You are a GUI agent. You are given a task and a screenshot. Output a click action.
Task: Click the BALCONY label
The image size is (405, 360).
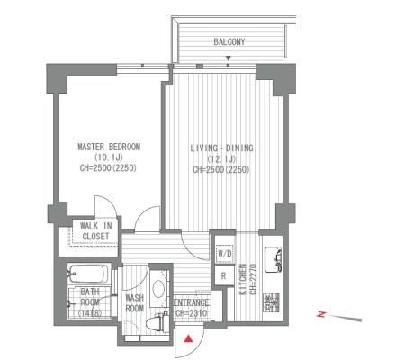coord(229,41)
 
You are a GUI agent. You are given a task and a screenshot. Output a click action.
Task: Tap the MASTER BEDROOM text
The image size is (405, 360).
coord(109,147)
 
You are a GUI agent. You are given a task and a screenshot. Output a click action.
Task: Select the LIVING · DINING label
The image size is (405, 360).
coord(221,148)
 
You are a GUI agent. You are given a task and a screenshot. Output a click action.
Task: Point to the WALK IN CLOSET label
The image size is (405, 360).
coord(95,231)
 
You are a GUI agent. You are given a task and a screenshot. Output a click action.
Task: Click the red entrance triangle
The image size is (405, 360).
coord(188,338)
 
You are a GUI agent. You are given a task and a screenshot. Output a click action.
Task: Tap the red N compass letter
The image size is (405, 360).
coord(321,314)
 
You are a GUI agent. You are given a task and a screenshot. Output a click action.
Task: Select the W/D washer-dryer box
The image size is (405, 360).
coord(225,254)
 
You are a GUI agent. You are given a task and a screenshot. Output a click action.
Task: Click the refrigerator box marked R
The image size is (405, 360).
coord(223,275)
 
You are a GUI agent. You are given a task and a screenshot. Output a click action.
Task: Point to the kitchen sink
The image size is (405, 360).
coord(273,259)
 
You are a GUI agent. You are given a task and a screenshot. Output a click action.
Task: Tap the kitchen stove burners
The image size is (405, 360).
coord(272,302)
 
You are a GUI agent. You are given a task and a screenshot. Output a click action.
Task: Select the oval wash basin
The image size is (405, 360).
coord(158,289)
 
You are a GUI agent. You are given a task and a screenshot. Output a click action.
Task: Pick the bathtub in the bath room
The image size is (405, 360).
coord(88,274)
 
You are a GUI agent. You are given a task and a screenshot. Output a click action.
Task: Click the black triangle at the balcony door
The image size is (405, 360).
coord(229,58)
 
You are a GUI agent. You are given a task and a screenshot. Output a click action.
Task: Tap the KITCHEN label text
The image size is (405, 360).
coord(243,279)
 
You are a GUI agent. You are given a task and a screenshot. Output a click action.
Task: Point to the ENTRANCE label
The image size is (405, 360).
coord(192,302)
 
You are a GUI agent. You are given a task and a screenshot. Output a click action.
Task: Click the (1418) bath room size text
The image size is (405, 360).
coord(90,313)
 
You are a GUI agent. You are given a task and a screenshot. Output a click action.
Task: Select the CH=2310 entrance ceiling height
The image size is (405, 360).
coord(192,313)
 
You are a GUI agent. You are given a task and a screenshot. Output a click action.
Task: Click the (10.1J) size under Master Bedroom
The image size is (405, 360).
coord(109,157)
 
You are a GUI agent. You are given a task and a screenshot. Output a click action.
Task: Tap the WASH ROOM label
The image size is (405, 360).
coord(134,303)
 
